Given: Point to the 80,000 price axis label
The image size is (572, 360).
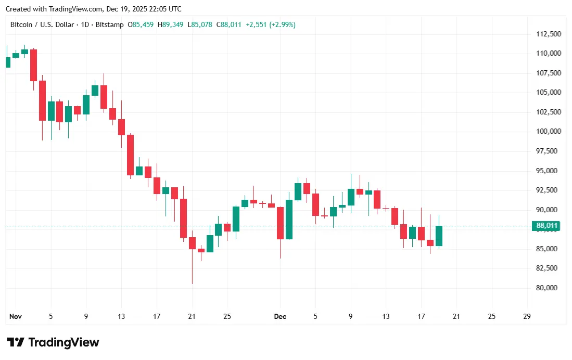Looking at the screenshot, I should pos(548,288).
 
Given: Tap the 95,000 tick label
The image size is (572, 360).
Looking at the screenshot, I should pos(548,171).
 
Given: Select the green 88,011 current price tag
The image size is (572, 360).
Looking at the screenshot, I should pos(545,226).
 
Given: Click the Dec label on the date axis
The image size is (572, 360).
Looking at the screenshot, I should pos(280,316).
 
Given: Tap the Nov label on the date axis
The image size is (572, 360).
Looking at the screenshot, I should pos(16,316).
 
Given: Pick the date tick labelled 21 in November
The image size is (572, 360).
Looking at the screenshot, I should pos(192,316).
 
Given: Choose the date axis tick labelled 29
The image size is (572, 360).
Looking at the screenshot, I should pos(527,316).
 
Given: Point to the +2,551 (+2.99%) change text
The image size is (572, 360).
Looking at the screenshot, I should pos(271,24).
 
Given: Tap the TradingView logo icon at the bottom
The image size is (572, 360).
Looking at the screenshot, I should pos(16,342).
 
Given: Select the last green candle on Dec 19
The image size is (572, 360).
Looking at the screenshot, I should pos(439,236).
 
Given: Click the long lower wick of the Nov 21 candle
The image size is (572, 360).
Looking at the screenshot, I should pos(192,268).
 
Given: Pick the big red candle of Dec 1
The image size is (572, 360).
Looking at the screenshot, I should pos(280,223).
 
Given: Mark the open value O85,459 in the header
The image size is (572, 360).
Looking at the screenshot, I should pos(141,24).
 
